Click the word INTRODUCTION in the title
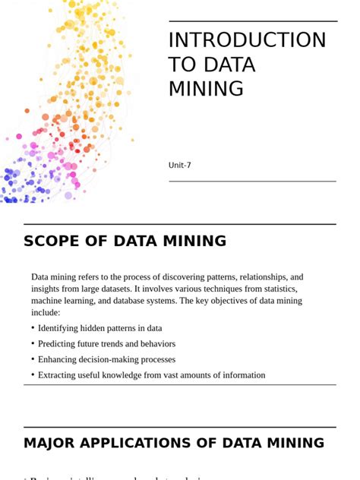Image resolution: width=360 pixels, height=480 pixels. click(247, 40)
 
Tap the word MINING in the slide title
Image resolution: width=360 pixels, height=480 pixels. click(206, 89)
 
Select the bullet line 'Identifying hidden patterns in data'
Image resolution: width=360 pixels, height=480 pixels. click(99, 328)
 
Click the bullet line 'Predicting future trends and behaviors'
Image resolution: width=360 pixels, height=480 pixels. click(106, 343)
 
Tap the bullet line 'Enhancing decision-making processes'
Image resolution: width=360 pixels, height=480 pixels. click(106, 359)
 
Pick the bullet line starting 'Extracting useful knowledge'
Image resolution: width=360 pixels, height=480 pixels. click(151, 374)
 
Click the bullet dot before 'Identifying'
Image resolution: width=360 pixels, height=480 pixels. click(33, 328)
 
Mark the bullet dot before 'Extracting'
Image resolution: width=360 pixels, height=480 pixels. click(33, 374)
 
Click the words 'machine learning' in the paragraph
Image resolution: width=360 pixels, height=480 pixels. click(65, 301)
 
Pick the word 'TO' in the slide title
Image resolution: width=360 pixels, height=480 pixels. click(182, 65)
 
